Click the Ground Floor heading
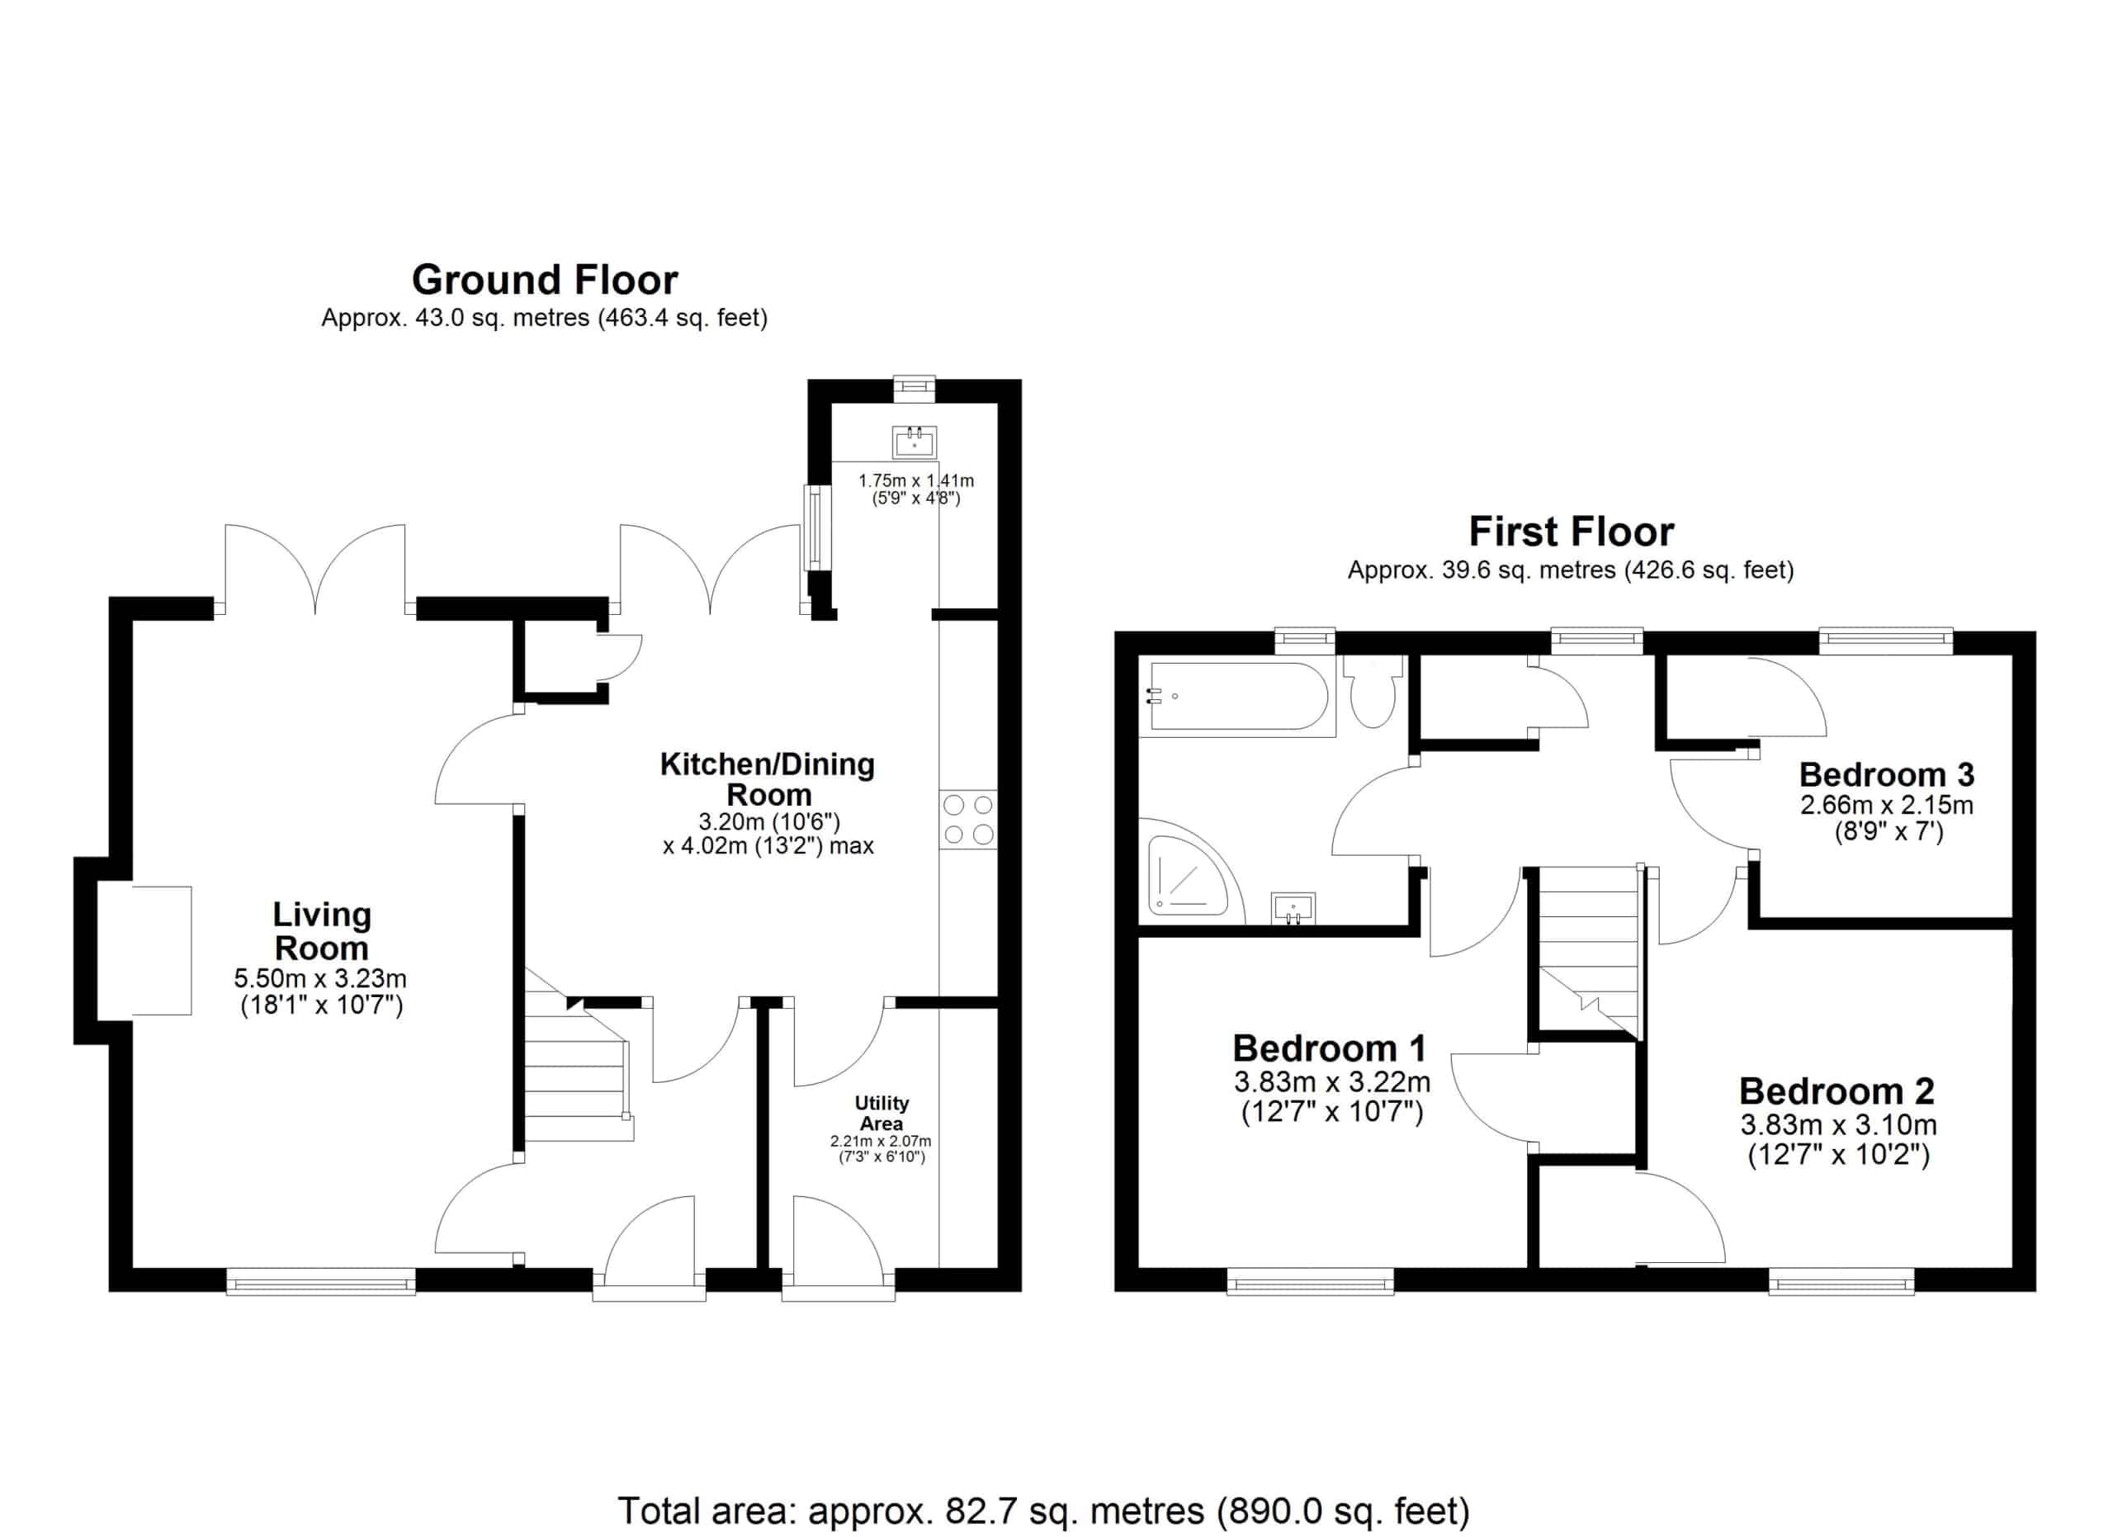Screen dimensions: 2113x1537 click(x=545, y=280)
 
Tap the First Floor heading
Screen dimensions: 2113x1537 click(x=1571, y=532)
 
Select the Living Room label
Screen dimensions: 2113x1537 click(x=321, y=931)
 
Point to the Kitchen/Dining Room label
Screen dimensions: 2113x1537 click(x=768, y=780)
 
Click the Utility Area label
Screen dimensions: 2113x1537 click(x=882, y=1114)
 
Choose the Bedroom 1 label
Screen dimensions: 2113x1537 click(x=1330, y=1049)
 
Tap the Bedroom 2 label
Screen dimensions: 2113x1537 click(x=1836, y=1090)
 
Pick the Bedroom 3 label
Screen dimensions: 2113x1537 click(x=1887, y=774)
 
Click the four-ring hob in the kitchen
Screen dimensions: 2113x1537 click(x=968, y=820)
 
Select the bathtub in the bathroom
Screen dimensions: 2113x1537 click(x=1237, y=696)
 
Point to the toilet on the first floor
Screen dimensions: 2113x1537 click(x=1373, y=690)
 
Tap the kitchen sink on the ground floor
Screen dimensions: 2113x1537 click(x=914, y=442)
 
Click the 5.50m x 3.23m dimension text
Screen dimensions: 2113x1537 click(x=320, y=979)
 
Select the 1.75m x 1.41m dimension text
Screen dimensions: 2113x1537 click(x=916, y=480)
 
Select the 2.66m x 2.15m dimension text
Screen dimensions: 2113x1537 click(x=1887, y=805)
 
